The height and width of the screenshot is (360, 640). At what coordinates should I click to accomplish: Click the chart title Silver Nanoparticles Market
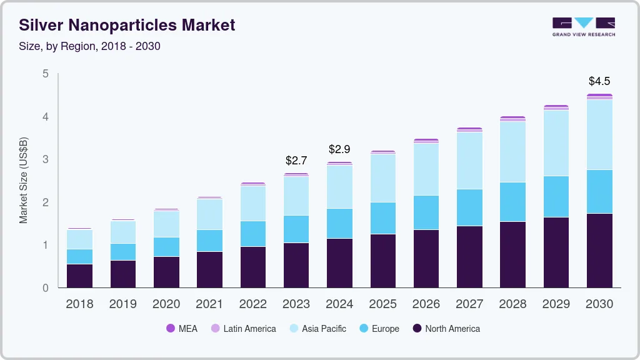[x=127, y=25]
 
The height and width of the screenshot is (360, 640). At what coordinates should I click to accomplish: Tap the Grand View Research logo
[x=583, y=27]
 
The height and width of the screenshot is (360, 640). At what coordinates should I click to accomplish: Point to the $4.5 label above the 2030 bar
[x=599, y=81]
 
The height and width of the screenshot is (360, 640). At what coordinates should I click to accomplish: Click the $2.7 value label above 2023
[x=296, y=161]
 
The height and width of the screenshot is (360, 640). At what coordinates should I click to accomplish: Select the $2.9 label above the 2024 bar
[x=339, y=149]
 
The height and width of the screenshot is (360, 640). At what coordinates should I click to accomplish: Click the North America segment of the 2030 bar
[x=599, y=250]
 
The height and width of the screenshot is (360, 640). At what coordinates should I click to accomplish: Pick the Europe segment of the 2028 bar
[x=512, y=202]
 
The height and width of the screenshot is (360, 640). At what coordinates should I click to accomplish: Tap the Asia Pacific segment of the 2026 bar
[x=426, y=169]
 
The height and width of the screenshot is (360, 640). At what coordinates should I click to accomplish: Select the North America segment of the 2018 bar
[x=79, y=276]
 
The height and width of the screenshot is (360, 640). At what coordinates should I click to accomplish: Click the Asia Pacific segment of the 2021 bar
[x=209, y=214]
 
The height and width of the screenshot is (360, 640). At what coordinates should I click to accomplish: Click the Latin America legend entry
[x=243, y=328]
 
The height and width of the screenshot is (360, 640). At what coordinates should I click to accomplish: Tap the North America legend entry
[x=446, y=328]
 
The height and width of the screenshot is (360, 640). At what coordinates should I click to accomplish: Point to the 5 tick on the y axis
[x=45, y=74]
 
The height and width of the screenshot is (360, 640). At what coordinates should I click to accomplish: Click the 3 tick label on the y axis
[x=45, y=159]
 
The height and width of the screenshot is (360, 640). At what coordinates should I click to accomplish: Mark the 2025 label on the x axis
[x=382, y=304]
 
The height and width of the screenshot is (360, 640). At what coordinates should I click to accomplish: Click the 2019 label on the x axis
[x=122, y=304]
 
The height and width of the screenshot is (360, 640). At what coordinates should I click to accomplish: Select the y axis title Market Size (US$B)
[x=24, y=181]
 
